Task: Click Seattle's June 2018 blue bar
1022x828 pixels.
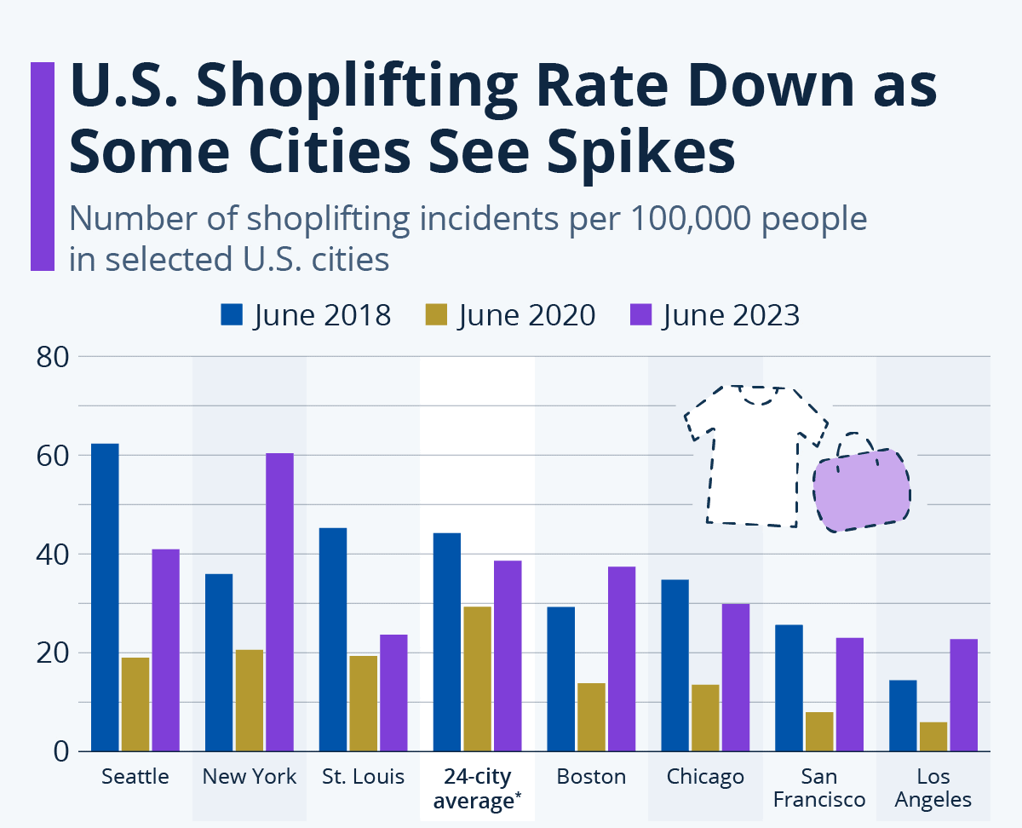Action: [105, 596]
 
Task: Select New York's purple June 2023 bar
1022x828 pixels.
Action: [279, 601]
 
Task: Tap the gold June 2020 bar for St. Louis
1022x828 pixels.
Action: [363, 703]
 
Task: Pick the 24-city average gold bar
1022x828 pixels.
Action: [477, 678]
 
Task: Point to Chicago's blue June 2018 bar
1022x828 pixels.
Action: [675, 665]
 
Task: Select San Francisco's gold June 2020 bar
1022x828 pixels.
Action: [819, 731]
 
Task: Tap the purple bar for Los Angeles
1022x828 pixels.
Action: [964, 694]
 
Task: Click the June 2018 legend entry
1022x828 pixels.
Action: [305, 315]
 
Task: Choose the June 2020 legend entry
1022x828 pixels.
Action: [509, 315]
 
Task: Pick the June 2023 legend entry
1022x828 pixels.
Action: [714, 315]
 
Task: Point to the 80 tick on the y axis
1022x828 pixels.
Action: [53, 356]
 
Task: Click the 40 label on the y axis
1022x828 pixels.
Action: [53, 554]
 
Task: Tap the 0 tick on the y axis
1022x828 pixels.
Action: [60, 751]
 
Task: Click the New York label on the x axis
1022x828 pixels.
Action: [250, 776]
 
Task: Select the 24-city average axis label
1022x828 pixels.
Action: [477, 788]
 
